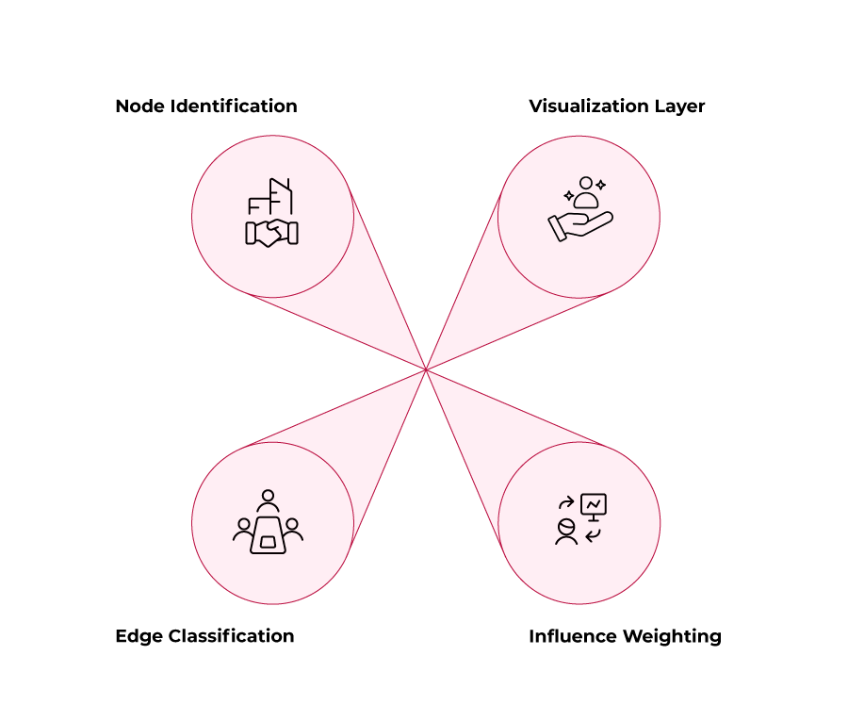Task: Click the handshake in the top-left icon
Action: tap(271, 233)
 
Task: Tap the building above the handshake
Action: tap(280, 196)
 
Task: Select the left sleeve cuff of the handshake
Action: tap(251, 233)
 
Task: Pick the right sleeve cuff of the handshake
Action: tap(293, 233)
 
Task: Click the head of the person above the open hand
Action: tap(586, 183)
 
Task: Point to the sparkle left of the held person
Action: tap(569, 196)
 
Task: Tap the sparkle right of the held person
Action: tap(601, 186)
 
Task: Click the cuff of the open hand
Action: tap(557, 229)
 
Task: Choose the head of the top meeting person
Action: tap(269, 496)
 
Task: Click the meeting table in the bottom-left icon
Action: tap(269, 535)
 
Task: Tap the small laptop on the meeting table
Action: tap(269, 543)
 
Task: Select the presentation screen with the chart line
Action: tap(594, 504)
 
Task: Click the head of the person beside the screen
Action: tap(566, 527)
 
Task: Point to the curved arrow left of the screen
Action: tap(566, 503)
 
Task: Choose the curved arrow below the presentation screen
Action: tap(593, 535)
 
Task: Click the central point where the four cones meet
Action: tap(426, 369)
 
